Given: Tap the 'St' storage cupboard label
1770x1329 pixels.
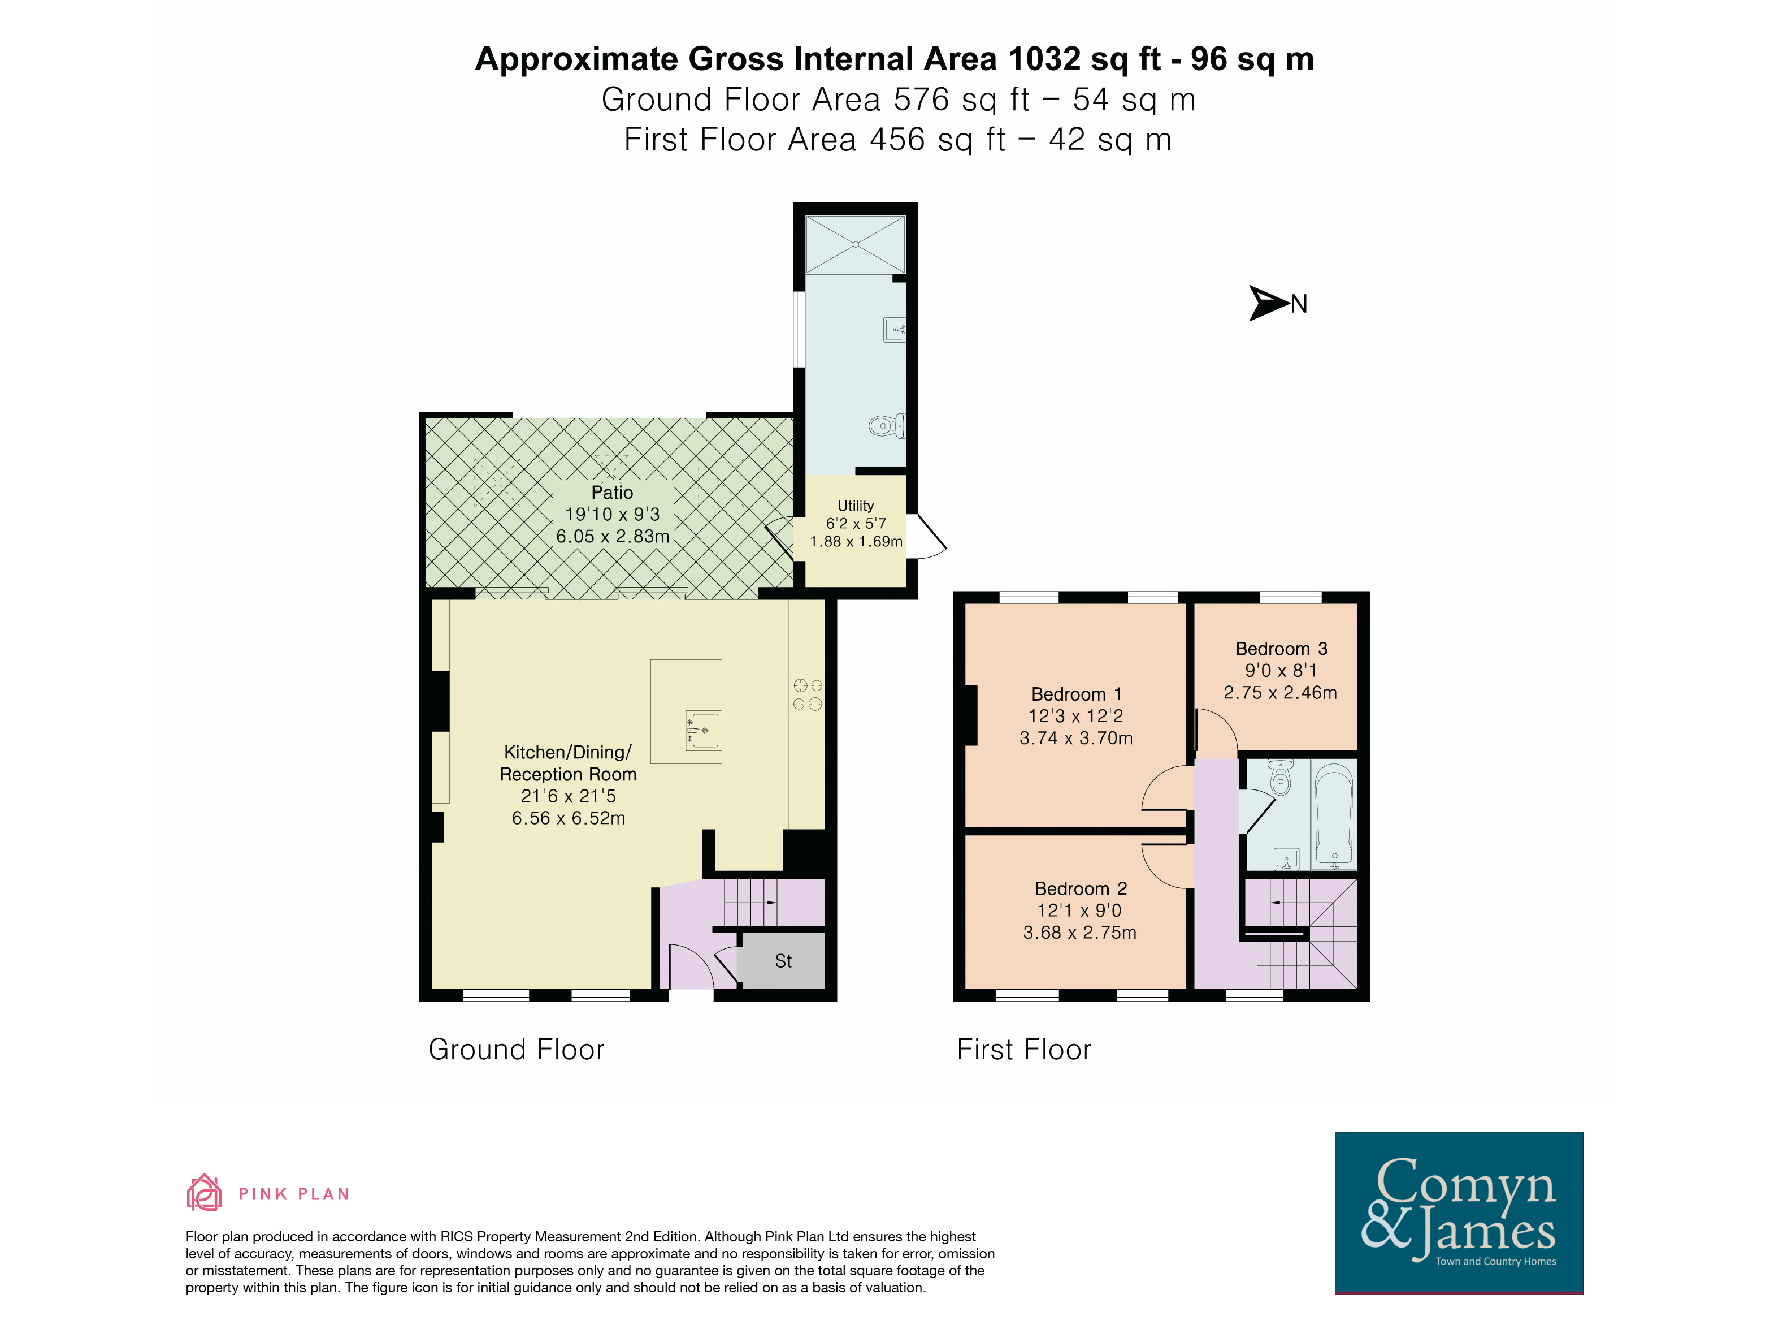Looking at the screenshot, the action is pyautogui.click(x=783, y=961).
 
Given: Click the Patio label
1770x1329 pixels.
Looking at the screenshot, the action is pyautogui.click(x=612, y=493).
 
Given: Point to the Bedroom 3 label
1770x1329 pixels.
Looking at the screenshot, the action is pyautogui.click(x=1281, y=649).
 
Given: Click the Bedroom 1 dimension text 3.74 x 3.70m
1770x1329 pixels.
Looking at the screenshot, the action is pyautogui.click(x=1076, y=738).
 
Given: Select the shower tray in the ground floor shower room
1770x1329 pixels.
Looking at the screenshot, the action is pyautogui.click(x=856, y=244).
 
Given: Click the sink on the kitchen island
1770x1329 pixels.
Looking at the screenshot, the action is pyautogui.click(x=702, y=730).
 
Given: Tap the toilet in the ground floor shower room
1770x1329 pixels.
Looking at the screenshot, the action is pyautogui.click(x=887, y=426).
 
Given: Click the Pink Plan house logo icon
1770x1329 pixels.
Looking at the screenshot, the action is pyautogui.click(x=204, y=1193).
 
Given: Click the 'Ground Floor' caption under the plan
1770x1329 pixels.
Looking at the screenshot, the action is pyautogui.click(x=516, y=1049).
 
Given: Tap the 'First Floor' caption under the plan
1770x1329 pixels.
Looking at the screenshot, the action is pyautogui.click(x=1023, y=1049).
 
